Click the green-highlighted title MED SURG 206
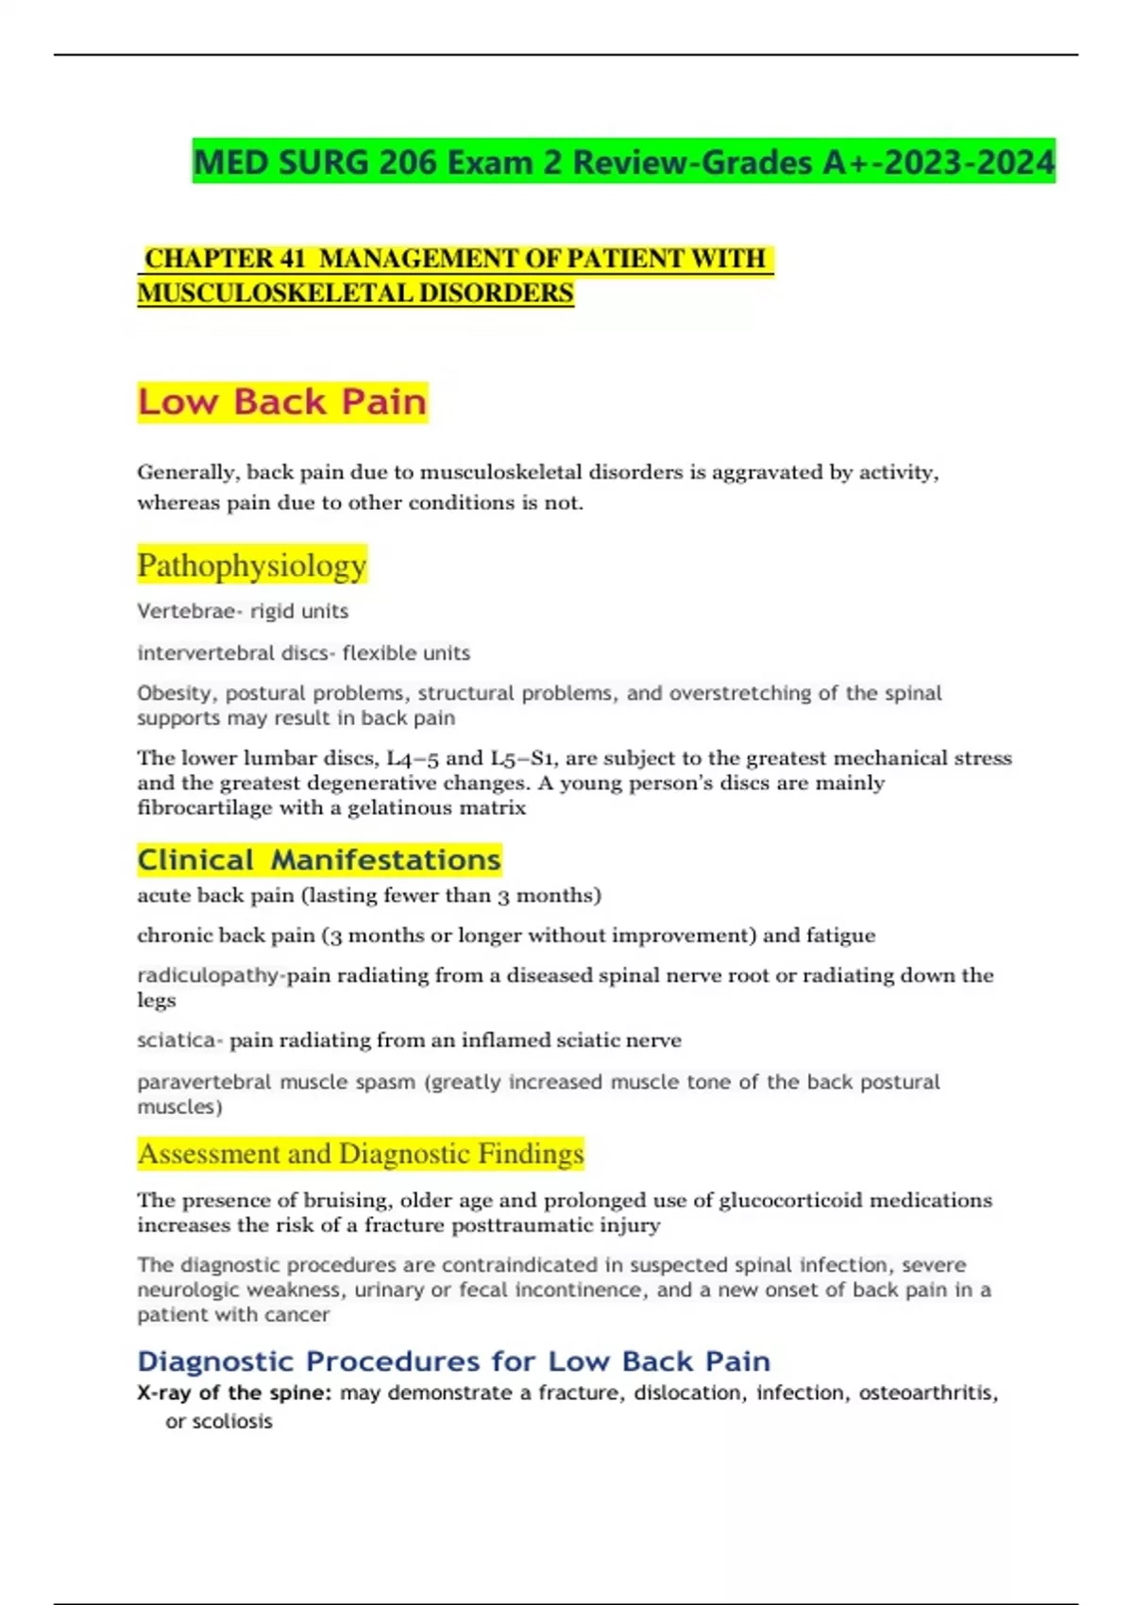(623, 162)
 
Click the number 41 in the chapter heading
(291, 259)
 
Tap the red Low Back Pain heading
(282, 402)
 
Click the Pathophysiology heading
(251, 566)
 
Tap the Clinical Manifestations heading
(319, 860)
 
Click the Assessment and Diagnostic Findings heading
(361, 1154)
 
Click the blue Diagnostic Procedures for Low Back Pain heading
(453, 1360)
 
